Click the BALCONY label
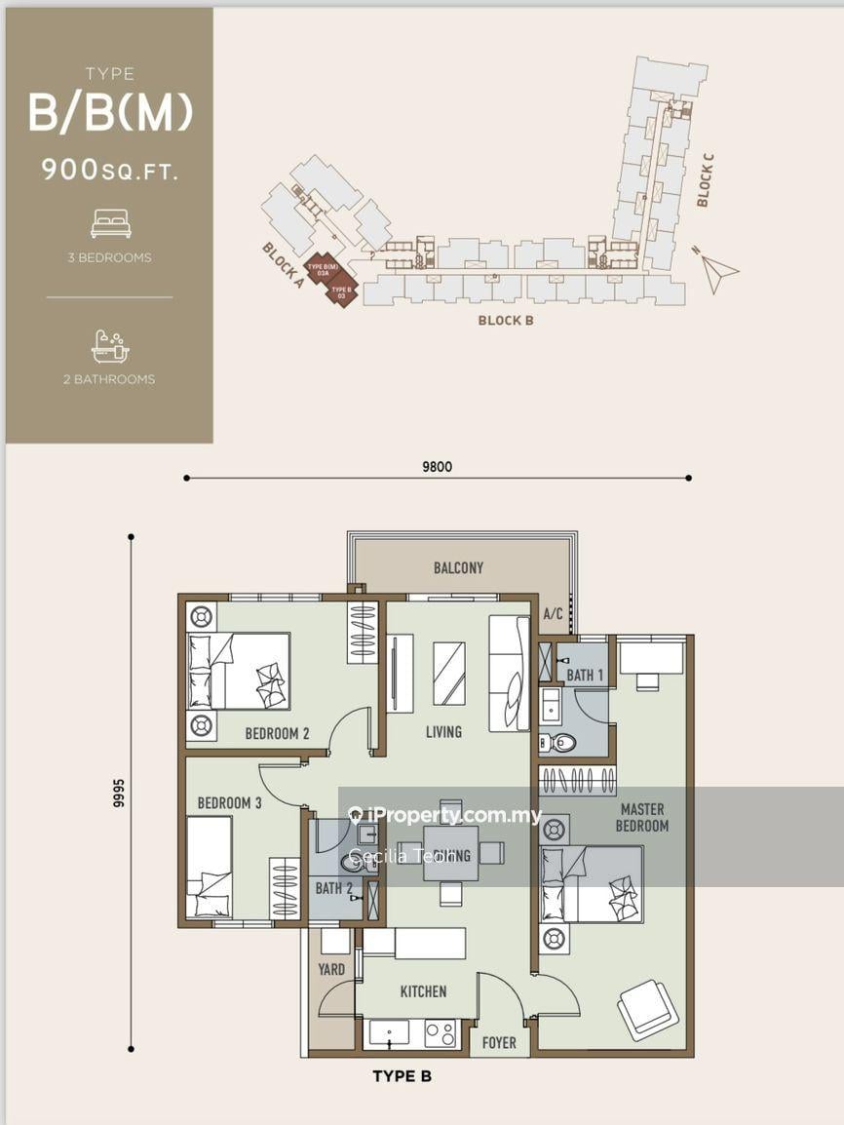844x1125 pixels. tap(457, 567)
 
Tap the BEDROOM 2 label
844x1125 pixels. tap(277, 733)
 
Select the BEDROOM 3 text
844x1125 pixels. tap(229, 803)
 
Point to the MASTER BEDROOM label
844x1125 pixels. tap(641, 817)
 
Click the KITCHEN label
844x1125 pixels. tap(423, 991)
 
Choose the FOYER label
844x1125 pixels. tap(499, 1043)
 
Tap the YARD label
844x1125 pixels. tap(331, 970)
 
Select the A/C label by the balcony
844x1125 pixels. tap(553, 614)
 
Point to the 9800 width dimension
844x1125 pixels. tap(437, 467)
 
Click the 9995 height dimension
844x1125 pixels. tap(119, 794)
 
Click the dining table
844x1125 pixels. tap(450, 852)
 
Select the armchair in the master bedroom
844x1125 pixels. tap(648, 1009)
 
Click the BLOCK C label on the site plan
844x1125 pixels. tap(705, 185)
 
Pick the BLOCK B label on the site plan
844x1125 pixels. tap(505, 320)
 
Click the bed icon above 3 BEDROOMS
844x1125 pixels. tap(110, 225)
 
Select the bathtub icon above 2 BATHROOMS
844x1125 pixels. tap(110, 346)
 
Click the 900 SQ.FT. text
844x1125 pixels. tap(110, 170)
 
